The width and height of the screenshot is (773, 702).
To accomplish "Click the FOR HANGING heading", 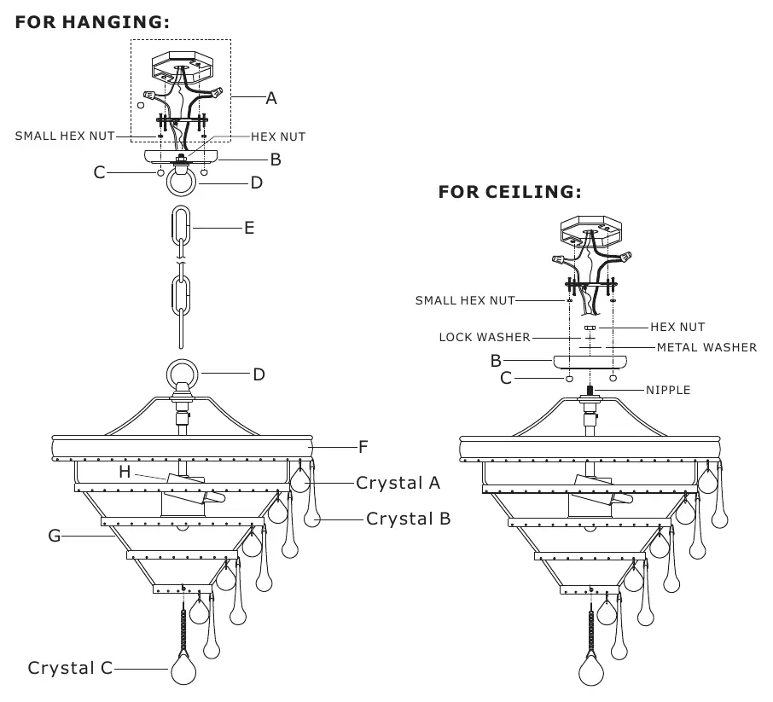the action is pyautogui.click(x=92, y=22).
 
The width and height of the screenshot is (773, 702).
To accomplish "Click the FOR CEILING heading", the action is pyautogui.click(x=509, y=192).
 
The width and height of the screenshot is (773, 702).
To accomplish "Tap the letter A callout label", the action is pyautogui.click(x=271, y=99).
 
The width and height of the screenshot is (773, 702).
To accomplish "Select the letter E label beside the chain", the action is pyautogui.click(x=249, y=228).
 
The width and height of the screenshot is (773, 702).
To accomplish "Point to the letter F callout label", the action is pyautogui.click(x=363, y=447).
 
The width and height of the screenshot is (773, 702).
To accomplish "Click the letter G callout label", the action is pyautogui.click(x=55, y=536).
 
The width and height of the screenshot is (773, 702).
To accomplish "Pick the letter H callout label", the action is pyautogui.click(x=125, y=472).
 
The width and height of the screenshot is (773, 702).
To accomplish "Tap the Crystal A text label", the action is pyautogui.click(x=398, y=483).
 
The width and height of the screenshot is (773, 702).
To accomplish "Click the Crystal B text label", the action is pyautogui.click(x=408, y=519).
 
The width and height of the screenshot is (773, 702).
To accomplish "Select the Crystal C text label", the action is pyautogui.click(x=70, y=668).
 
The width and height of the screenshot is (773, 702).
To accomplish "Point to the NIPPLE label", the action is pyautogui.click(x=668, y=391).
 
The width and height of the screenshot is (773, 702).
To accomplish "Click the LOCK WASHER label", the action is pyautogui.click(x=485, y=337).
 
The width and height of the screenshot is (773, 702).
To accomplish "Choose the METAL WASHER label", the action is pyautogui.click(x=707, y=347).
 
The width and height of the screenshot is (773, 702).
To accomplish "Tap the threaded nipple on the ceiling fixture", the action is pyautogui.click(x=590, y=391).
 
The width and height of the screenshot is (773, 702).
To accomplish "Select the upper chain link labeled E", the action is pyautogui.click(x=181, y=226).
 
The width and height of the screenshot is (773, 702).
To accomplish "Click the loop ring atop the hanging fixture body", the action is pyautogui.click(x=183, y=374).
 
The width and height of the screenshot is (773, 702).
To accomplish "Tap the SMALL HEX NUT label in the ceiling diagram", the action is pyautogui.click(x=465, y=301).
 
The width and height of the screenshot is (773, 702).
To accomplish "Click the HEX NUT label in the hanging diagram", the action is pyautogui.click(x=278, y=136).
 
